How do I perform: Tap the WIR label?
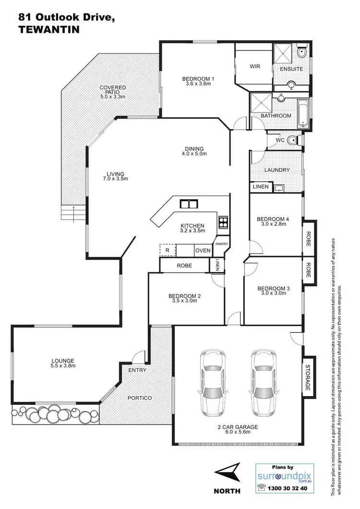click(x=255, y=67)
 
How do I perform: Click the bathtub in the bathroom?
click(x=302, y=114)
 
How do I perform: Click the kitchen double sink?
click(x=189, y=204)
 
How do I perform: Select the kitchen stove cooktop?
click(x=223, y=222)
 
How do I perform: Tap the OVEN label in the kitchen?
click(x=202, y=251)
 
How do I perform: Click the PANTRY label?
click(x=222, y=244)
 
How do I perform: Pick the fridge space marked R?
click(x=167, y=250)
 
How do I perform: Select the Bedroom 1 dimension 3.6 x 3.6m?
click(x=198, y=84)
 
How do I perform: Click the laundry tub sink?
click(x=279, y=187)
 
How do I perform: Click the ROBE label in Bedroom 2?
click(x=184, y=265)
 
